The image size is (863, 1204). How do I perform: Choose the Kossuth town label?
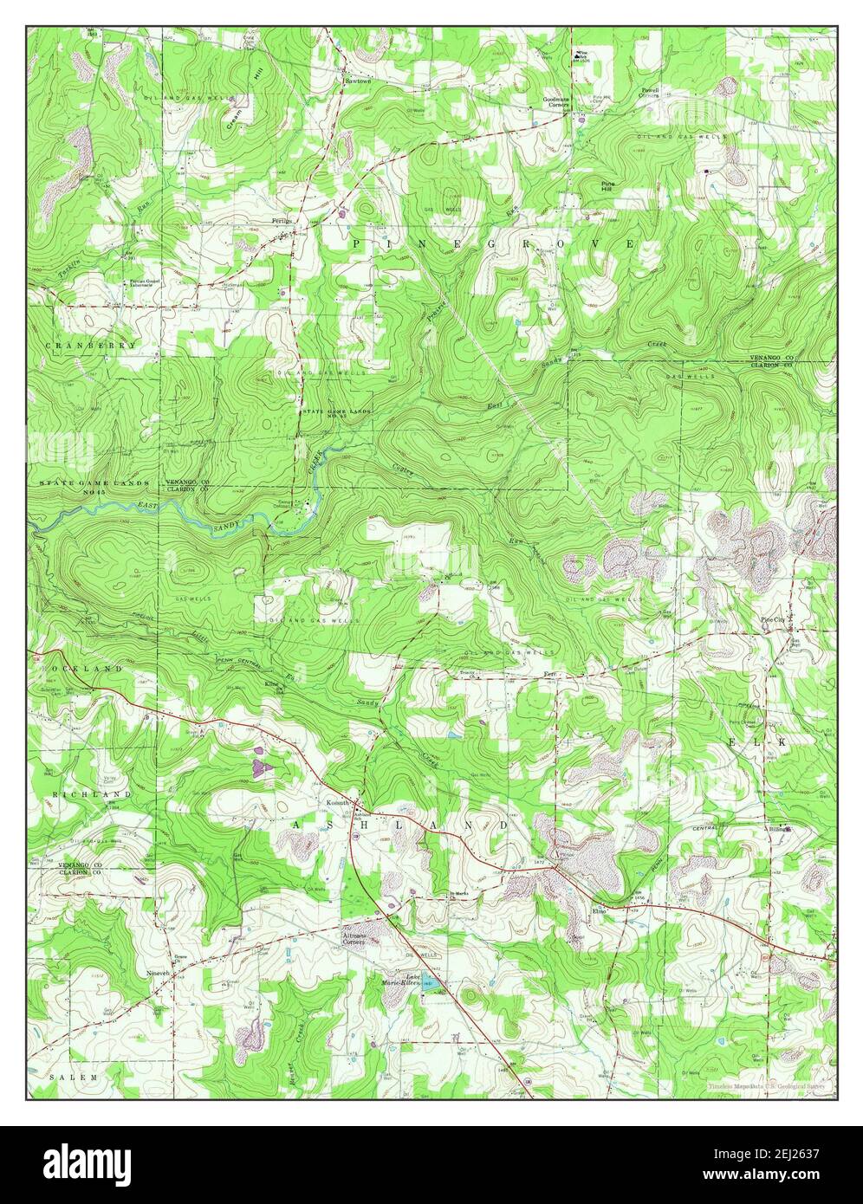tap(336, 803)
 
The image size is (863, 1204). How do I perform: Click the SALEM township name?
tap(74, 1076)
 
